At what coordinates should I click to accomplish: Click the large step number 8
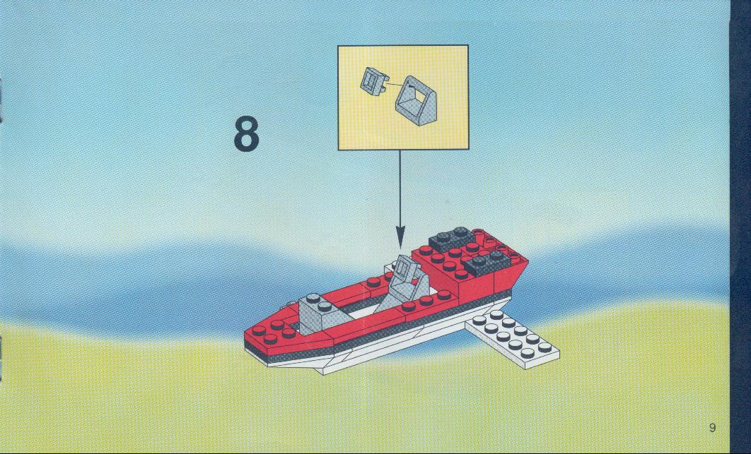click(x=247, y=134)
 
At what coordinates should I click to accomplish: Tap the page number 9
click(x=712, y=427)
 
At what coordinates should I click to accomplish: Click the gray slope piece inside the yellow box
click(x=416, y=101)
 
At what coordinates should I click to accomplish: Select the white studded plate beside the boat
click(x=512, y=339)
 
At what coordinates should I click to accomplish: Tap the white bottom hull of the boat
click(x=383, y=345)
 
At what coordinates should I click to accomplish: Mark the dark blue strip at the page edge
click(x=740, y=227)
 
